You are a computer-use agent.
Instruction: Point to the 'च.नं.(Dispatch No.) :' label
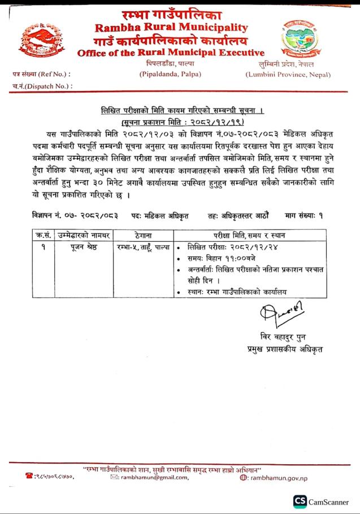click(x=42, y=86)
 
